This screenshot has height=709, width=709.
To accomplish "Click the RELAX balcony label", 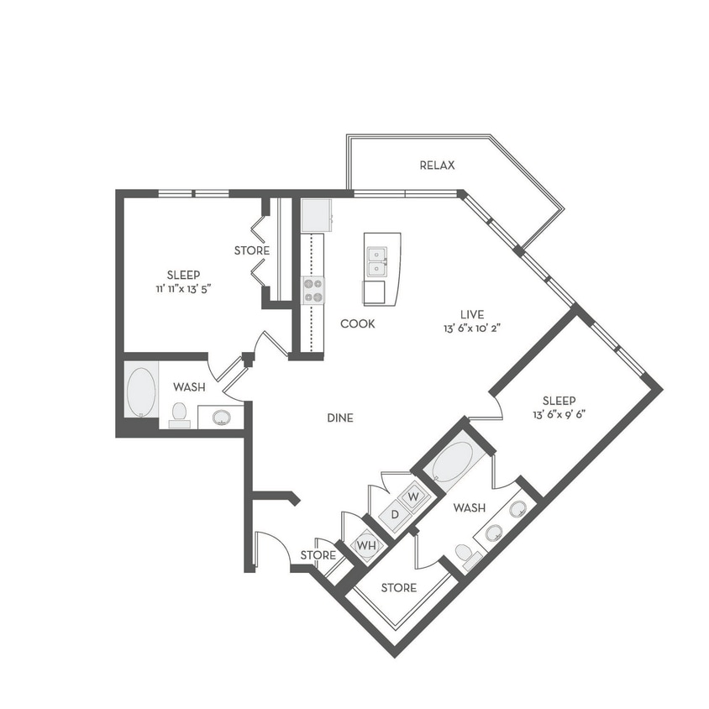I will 437,165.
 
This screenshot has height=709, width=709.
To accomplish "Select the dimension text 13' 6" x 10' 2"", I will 476,328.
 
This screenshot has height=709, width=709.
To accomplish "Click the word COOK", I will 357,323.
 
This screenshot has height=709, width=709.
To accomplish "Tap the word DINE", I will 339,418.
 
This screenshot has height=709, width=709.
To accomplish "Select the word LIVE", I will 476,312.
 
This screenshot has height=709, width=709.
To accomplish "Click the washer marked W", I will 412,496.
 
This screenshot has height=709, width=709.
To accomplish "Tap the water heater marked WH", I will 366,545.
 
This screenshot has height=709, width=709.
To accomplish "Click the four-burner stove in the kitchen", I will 312,290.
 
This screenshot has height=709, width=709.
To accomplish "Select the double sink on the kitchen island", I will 376,261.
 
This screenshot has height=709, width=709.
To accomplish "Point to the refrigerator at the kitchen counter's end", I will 317,215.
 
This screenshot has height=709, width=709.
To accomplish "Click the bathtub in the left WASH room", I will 141,391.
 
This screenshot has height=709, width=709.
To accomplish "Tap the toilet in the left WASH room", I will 179,414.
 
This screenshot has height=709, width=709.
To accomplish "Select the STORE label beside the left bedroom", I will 252,250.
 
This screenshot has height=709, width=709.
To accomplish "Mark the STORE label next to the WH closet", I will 318,555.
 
